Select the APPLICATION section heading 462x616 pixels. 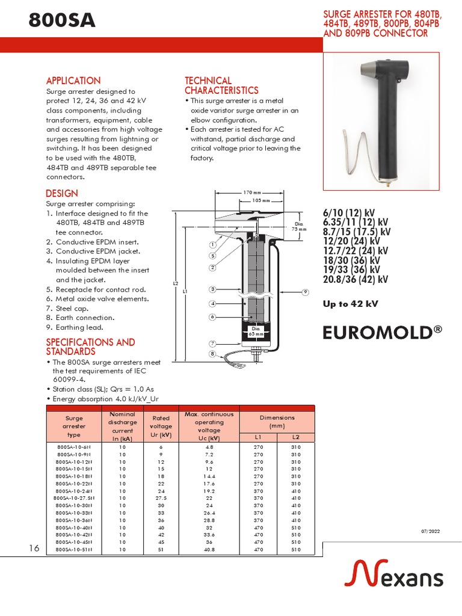[73, 81]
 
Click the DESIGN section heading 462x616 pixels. [62, 193]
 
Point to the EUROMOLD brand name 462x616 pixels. [378, 333]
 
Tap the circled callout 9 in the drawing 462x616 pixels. [306, 292]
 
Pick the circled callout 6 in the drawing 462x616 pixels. [212, 316]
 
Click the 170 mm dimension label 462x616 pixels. [251, 192]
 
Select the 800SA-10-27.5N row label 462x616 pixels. [75, 498]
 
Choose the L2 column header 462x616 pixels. [295, 437]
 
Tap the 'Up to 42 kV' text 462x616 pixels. [351, 304]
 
